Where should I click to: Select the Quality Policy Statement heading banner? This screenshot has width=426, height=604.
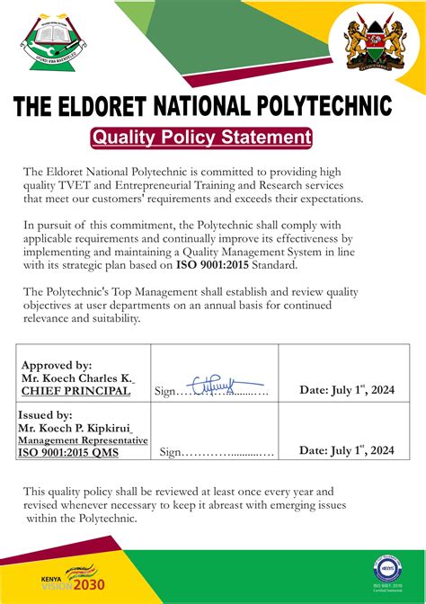201,138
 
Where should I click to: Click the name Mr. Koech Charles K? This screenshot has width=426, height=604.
76,378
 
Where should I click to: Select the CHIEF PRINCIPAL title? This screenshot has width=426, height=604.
75,391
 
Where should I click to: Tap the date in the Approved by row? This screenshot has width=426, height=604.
347,390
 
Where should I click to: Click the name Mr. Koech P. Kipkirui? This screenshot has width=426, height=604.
81,428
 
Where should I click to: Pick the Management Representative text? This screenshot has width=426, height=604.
82,440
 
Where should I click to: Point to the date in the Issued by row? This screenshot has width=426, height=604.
347,450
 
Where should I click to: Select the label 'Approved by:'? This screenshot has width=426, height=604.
57,365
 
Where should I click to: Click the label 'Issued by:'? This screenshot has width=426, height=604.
46,415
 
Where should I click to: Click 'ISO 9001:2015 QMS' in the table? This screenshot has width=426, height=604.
67,452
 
